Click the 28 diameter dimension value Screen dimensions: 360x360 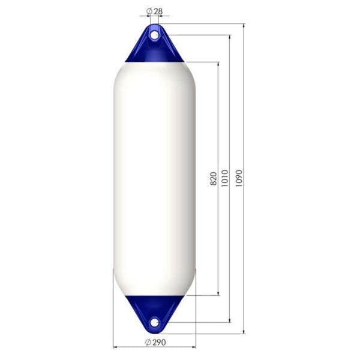click(158, 11)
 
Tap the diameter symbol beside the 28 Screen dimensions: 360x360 click(148, 11)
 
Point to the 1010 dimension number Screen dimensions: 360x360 click(224, 178)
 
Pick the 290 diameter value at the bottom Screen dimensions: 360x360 click(158, 342)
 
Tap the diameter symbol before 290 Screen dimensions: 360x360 click(148, 342)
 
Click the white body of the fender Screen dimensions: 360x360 click(154, 180)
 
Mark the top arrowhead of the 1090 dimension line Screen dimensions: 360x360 click(244, 26)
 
